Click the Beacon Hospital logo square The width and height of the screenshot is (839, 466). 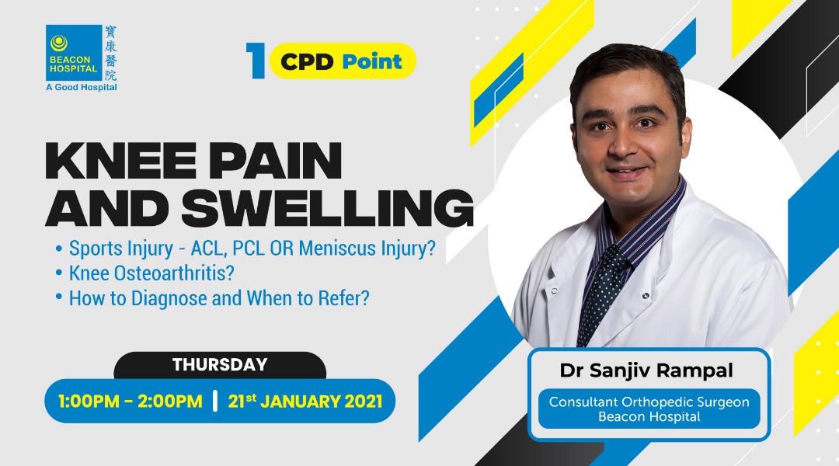pyautogui.click(x=74, y=53)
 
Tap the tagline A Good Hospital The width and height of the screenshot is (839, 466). pyautogui.click(x=82, y=87)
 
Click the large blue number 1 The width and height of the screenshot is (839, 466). pyautogui.click(x=256, y=61)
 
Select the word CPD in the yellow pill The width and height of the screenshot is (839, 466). pyautogui.click(x=307, y=62)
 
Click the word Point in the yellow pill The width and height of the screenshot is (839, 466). pyautogui.click(x=372, y=62)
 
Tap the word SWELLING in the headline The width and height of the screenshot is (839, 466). pyautogui.click(x=328, y=207)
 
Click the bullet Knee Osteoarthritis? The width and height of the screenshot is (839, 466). pyautogui.click(x=145, y=273)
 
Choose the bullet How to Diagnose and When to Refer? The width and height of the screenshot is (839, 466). pyautogui.click(x=212, y=298)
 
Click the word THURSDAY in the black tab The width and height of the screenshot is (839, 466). pyautogui.click(x=220, y=365)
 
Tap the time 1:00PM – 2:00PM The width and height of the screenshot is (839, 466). pyautogui.click(x=130, y=402)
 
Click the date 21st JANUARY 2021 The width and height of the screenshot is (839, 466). pyautogui.click(x=305, y=402)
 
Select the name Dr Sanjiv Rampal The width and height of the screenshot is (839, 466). pyautogui.click(x=646, y=370)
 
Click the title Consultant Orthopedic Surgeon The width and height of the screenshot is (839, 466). pyautogui.click(x=649, y=402)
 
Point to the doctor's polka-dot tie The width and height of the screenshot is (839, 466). pyautogui.click(x=601, y=295)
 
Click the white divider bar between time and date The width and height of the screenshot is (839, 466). pyautogui.click(x=215, y=402)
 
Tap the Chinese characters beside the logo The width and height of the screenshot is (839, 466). pyautogui.click(x=110, y=53)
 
